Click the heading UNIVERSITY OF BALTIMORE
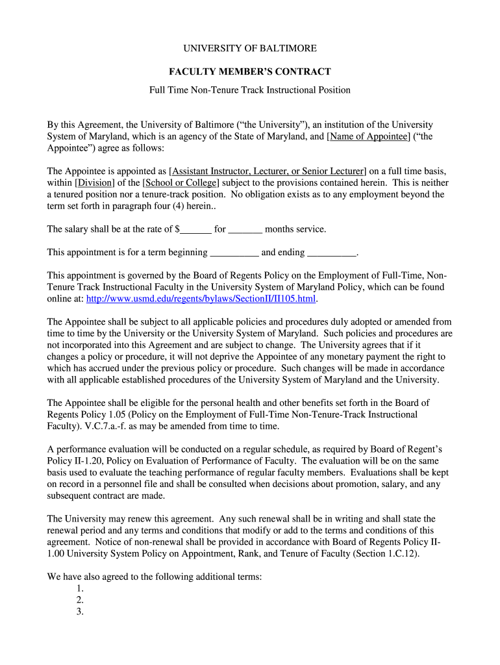249,49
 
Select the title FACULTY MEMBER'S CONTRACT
249,71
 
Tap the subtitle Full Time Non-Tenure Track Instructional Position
249,90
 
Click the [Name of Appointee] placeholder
369,136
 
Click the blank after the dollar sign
196,229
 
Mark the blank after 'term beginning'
234,253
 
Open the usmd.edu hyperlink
201,299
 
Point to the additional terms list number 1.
80,588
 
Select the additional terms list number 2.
80,600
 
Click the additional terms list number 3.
80,612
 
